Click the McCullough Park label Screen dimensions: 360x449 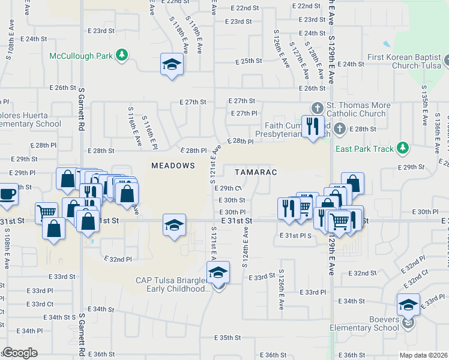pos(81,56)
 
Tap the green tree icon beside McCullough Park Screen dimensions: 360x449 pos(122,56)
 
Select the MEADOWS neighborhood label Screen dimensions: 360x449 pos(173,165)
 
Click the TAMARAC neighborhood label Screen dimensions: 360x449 pos(255,172)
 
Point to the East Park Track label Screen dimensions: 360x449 pos(364,149)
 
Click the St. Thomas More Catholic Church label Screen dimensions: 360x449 pos(360,109)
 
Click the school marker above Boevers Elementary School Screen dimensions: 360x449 pos(408,305)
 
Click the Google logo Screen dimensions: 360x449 pos(20,353)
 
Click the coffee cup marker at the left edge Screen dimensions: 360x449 pos(7,196)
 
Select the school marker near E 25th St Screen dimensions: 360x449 pos(172,64)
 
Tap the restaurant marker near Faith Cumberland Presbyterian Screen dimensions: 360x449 pos(312,126)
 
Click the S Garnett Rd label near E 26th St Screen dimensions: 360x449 pos(81,108)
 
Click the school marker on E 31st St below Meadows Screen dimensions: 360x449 pos(174,226)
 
